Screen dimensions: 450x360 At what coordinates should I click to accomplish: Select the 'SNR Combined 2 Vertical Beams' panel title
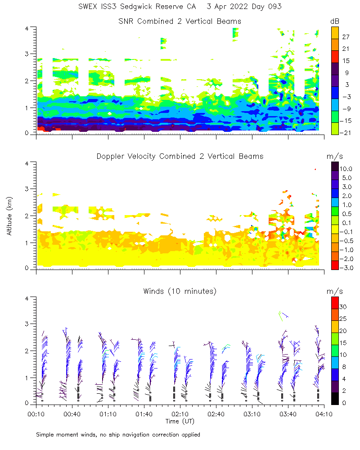[x=180, y=21]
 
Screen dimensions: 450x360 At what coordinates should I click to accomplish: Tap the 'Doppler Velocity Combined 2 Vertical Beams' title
[x=180, y=156]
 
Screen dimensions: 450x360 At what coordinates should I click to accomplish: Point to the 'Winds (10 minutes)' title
[x=180, y=291]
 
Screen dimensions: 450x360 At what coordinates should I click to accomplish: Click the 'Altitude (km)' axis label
[x=9, y=216]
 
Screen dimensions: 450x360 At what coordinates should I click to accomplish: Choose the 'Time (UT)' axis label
[x=180, y=422]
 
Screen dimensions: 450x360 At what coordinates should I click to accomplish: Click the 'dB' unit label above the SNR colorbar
[x=335, y=21]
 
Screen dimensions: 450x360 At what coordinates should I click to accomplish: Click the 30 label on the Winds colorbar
[x=344, y=306]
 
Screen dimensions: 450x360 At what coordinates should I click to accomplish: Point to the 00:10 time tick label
[x=36, y=413]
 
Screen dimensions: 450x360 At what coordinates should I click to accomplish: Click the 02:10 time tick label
[x=180, y=413]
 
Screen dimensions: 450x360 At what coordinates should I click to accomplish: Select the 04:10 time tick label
[x=324, y=413]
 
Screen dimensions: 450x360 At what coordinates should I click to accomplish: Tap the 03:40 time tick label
[x=288, y=413]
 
